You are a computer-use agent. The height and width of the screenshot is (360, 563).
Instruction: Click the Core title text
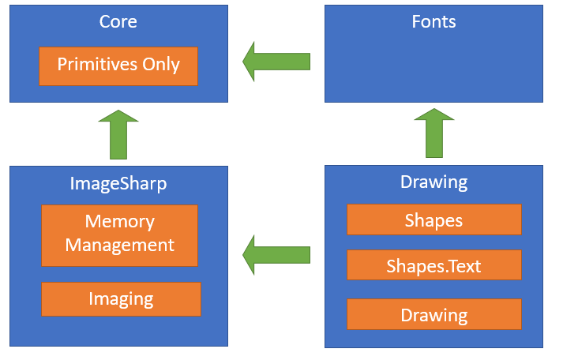[x=118, y=21]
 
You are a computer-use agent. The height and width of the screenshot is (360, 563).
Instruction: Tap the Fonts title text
[x=434, y=21]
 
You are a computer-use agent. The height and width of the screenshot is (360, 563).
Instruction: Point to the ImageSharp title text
[x=118, y=184]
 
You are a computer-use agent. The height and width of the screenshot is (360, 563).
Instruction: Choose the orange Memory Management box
[x=119, y=234]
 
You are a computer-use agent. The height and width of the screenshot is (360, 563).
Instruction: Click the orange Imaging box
[x=121, y=298]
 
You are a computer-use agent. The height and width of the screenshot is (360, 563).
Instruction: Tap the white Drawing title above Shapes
[x=434, y=182]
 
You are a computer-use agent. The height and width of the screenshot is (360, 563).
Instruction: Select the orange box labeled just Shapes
[x=434, y=219]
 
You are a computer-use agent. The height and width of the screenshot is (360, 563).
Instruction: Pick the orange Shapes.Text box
[x=434, y=266]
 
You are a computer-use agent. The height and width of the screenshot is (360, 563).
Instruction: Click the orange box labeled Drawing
[x=434, y=315]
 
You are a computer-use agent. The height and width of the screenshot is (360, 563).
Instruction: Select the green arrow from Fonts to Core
[x=276, y=61]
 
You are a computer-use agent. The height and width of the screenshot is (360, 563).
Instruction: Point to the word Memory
[x=119, y=221]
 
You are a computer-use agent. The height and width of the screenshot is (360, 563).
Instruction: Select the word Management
[x=119, y=245]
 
